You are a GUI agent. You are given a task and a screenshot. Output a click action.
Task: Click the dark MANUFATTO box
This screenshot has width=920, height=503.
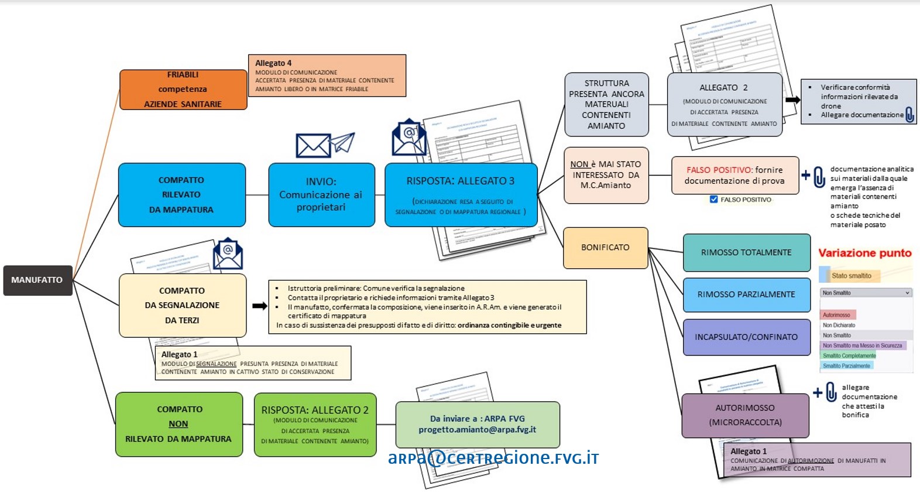(x=37, y=280)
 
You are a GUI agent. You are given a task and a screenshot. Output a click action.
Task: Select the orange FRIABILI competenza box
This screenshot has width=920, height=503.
(x=183, y=90)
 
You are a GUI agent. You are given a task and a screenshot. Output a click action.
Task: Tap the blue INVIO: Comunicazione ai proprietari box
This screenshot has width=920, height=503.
(x=321, y=194)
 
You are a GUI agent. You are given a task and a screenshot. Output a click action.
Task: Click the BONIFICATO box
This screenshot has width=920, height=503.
(x=605, y=248)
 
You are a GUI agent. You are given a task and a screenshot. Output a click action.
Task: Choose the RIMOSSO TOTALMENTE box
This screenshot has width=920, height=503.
(x=746, y=252)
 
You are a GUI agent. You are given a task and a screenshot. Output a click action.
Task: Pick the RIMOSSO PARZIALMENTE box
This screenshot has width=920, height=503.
(x=746, y=295)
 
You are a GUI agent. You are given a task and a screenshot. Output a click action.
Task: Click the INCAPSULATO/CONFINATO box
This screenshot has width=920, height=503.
(x=746, y=337)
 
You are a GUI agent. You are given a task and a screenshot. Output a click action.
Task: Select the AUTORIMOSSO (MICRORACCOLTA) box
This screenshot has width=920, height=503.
(x=745, y=415)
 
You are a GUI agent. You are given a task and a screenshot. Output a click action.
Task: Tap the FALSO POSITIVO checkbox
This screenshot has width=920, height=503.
(x=713, y=200)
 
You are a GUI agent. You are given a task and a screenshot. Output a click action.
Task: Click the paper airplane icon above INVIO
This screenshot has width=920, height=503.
(x=342, y=142)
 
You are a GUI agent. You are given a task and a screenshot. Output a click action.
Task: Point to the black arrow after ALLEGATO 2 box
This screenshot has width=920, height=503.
(x=792, y=100)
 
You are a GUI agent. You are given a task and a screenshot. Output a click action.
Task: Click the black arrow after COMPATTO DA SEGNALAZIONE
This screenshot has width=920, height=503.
(x=259, y=306)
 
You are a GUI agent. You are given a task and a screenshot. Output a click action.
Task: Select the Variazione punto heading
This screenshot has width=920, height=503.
(x=864, y=253)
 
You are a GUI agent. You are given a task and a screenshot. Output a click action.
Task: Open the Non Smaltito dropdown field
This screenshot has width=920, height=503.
(x=866, y=293)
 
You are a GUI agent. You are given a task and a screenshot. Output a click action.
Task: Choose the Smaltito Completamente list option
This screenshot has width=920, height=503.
(x=849, y=355)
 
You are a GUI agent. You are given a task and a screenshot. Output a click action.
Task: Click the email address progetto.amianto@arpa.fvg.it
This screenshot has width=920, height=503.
(x=477, y=430)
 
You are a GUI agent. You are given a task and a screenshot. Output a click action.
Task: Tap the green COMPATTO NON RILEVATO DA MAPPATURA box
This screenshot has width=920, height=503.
(x=178, y=425)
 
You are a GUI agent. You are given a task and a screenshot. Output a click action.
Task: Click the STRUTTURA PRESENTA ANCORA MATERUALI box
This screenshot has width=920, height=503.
(x=606, y=104)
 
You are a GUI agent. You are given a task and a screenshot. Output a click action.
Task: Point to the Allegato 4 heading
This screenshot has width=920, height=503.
(x=273, y=63)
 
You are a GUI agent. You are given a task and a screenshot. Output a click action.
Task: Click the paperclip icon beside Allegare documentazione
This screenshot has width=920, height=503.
(x=909, y=114)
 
